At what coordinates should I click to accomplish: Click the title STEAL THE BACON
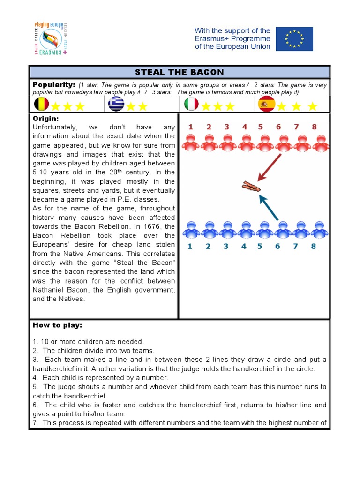pyautogui.click(x=180, y=72)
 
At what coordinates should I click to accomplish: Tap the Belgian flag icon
pyautogui.click(x=42, y=104)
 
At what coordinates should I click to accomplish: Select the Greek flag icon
pyautogui.click(x=116, y=104)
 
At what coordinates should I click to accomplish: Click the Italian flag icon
pyautogui.click(x=191, y=104)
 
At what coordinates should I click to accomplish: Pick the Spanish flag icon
pyautogui.click(x=266, y=104)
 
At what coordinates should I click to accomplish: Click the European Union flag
pyautogui.click(x=294, y=39)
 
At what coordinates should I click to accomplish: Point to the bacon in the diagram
pyautogui.click(x=251, y=187)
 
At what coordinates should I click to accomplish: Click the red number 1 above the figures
pyautogui.click(x=190, y=127)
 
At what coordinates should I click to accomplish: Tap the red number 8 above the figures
pyautogui.click(x=314, y=127)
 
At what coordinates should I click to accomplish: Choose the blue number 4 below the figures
pyautogui.click(x=244, y=246)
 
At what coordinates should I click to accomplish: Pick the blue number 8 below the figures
pyautogui.click(x=314, y=246)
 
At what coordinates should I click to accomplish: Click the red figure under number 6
pyautogui.click(x=283, y=143)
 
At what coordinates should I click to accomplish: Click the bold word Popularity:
pyautogui.click(x=54, y=84)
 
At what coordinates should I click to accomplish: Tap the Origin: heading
pyautogui.click(x=45, y=118)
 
